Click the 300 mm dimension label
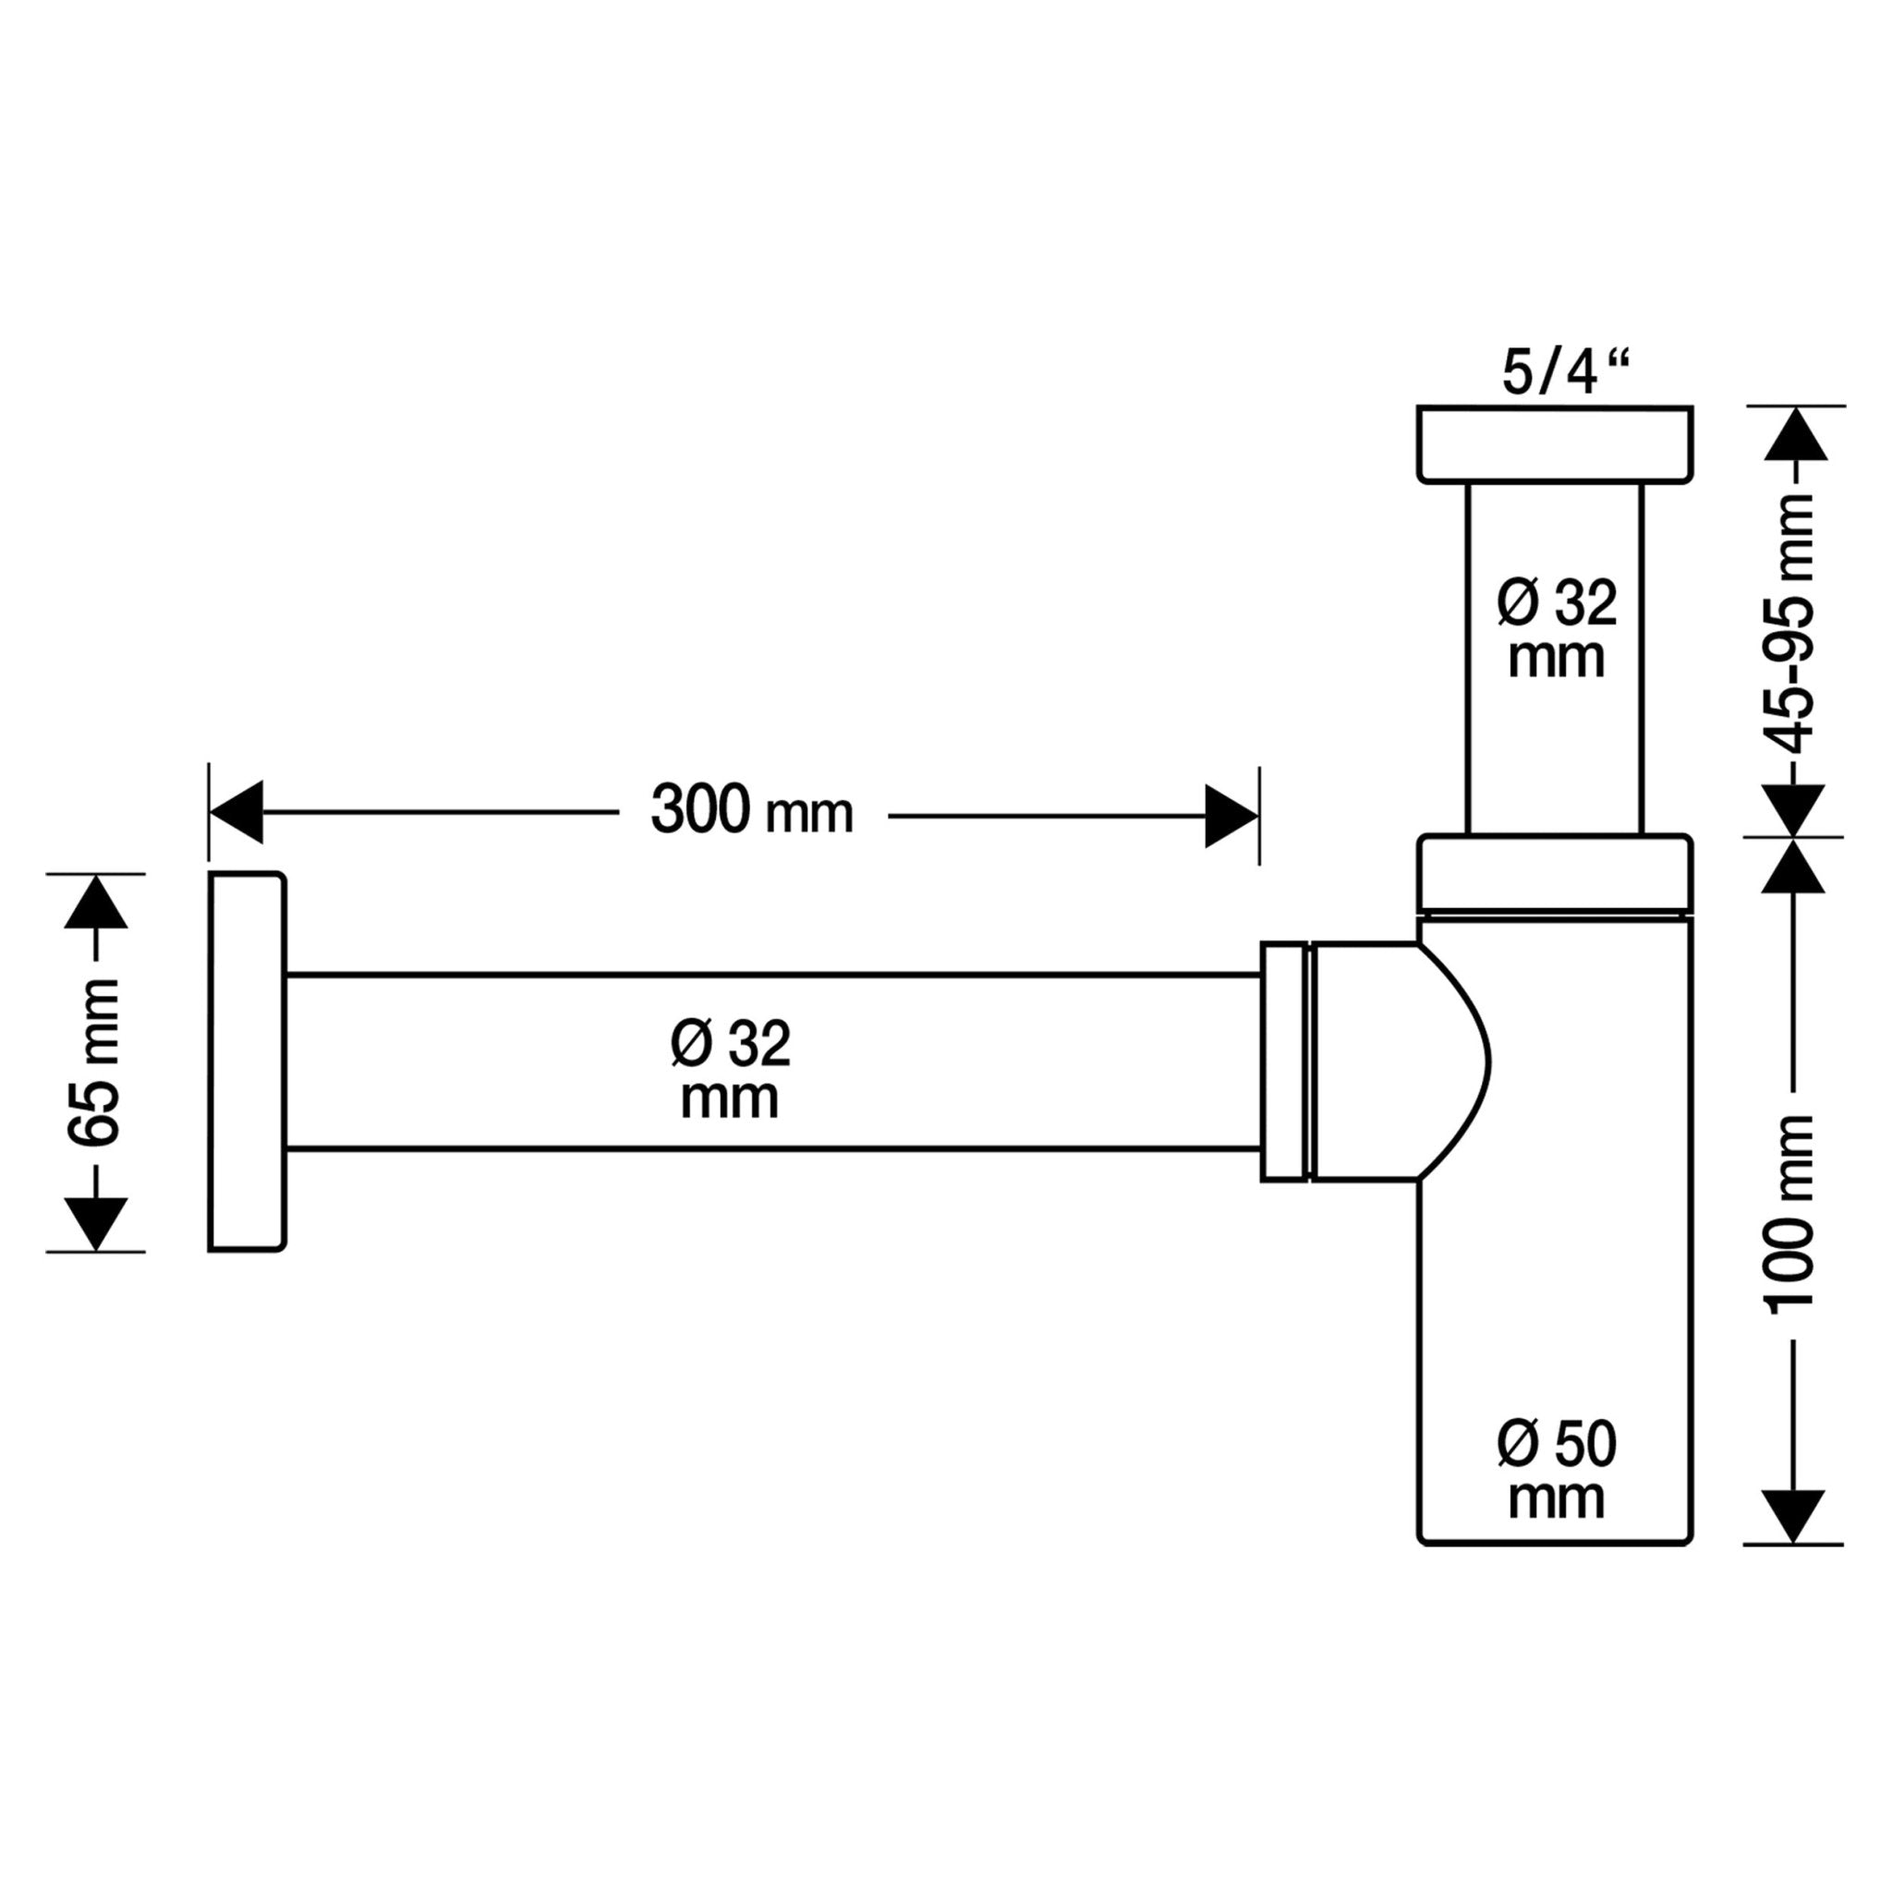tap(751, 812)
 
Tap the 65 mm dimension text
tap(95, 1061)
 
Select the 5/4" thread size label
tap(1565, 373)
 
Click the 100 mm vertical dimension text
tap(1791, 1213)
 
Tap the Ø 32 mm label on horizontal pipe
tap(731, 1070)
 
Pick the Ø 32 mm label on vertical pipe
tap(1556, 629)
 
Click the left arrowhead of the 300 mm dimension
tap(236, 812)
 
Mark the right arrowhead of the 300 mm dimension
tap(1231, 815)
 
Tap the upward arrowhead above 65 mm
tap(96, 903)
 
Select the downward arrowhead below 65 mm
tap(96, 1223)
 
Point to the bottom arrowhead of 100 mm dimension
tap(1792, 1517)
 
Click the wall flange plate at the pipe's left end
tap(247, 1061)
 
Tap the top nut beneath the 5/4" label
tap(1554, 443)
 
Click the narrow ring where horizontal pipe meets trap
tap(1285, 1061)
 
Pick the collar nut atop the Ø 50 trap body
tap(1554, 874)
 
